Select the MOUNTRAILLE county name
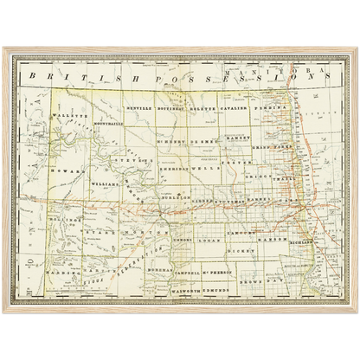(99, 123)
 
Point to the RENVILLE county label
(138, 109)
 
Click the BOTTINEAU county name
(171, 109)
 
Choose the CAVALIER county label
(235, 109)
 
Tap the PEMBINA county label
(272, 109)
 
